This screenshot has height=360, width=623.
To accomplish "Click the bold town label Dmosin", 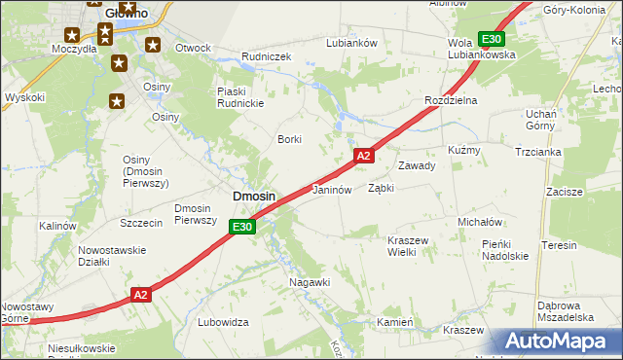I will click(x=253, y=197).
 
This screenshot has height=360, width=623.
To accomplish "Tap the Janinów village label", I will click(x=331, y=191).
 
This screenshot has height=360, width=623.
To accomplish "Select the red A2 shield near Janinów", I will click(x=363, y=156).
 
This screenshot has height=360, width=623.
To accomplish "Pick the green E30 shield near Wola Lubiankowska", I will click(x=492, y=39).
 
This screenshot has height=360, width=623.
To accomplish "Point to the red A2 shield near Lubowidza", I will click(x=141, y=294).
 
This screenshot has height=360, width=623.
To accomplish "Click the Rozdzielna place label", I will click(x=448, y=100).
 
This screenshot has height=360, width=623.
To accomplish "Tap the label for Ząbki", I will click(x=381, y=189).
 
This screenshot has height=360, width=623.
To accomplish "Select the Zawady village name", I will click(x=416, y=165).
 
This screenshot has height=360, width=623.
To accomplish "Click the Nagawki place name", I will click(x=311, y=282).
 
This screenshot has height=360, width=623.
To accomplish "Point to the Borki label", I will click(x=291, y=139).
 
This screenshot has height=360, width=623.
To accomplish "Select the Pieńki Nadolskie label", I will click(x=504, y=250).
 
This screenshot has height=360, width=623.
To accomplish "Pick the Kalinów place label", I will click(x=57, y=226).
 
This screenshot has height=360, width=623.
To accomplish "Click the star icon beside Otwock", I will click(x=153, y=44).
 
